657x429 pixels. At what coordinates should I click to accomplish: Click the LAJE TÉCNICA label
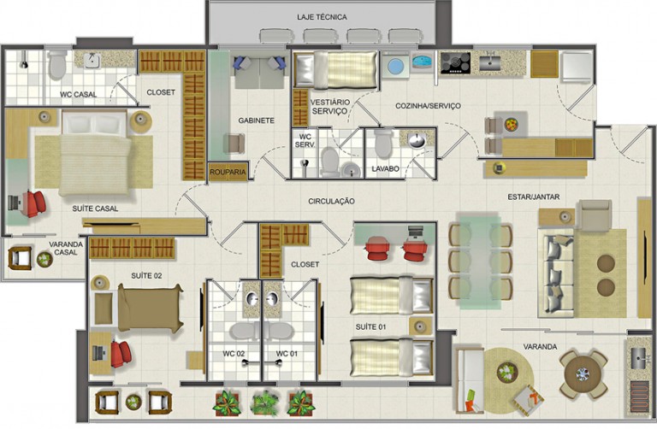[x=322, y=17]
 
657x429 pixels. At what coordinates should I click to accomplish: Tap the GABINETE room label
[x=257, y=120]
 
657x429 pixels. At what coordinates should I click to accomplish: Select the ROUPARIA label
[x=228, y=172]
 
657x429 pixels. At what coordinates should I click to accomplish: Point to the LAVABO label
[x=385, y=169]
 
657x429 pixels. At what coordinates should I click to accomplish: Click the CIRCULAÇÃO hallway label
[x=331, y=202]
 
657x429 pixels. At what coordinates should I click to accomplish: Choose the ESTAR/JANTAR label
[x=534, y=197]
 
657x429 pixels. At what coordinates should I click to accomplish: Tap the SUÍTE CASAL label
[x=95, y=209]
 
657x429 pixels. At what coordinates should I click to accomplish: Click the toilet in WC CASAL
[x=57, y=65]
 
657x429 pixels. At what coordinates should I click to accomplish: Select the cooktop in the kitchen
[x=455, y=63]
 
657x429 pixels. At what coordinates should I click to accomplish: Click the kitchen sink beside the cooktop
[x=490, y=62]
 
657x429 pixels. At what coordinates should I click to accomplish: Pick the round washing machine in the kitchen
[x=395, y=66]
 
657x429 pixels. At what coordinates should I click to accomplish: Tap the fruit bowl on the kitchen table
[x=512, y=125]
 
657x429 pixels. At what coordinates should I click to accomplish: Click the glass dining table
[x=480, y=262]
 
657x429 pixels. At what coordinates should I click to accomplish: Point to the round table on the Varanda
[x=583, y=374]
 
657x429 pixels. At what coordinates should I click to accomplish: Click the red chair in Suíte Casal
[x=34, y=203]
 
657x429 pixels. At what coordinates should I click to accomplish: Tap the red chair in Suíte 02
[x=121, y=354]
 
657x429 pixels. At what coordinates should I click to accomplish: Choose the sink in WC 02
[x=252, y=299]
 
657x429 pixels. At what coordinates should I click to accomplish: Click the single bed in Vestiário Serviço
[x=336, y=69]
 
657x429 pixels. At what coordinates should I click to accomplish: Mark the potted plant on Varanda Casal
[x=44, y=260]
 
